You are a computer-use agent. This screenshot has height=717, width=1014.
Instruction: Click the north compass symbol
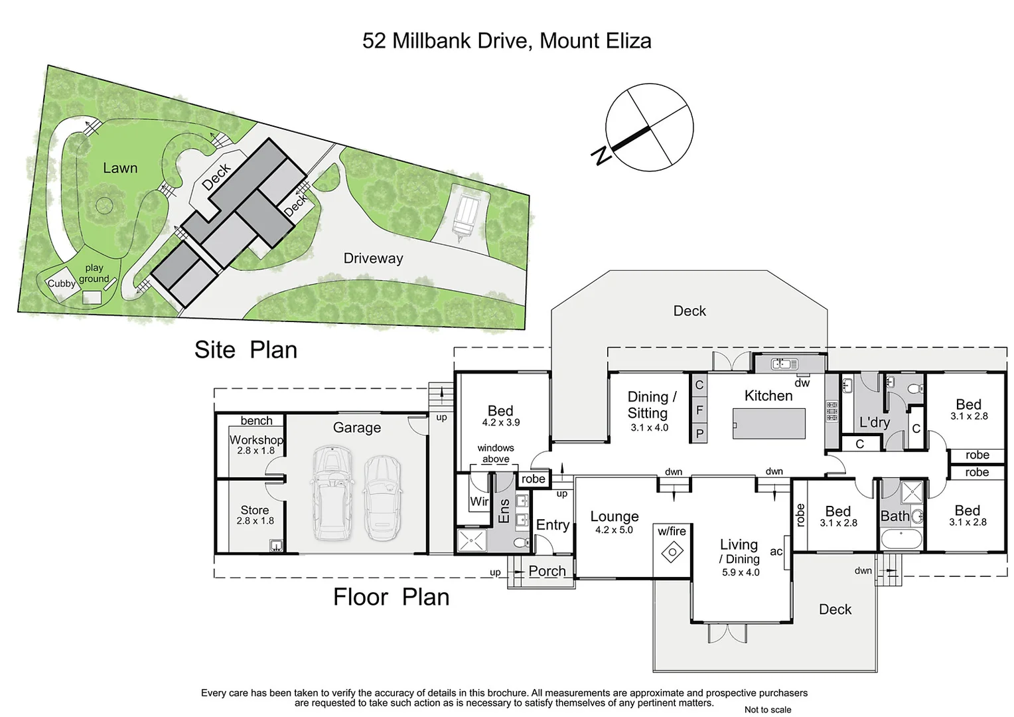pos(649,127)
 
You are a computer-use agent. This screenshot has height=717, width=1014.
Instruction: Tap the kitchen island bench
pos(769,424)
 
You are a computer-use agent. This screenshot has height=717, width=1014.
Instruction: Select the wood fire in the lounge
pos(673,552)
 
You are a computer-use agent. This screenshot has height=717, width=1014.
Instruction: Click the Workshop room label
pos(256,439)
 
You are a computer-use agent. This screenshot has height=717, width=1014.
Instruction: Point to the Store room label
pos(255,510)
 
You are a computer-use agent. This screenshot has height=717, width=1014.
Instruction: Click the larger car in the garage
pos(331,493)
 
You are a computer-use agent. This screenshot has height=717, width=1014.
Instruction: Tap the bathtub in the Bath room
pos(901,538)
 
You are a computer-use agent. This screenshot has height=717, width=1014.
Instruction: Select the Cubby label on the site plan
pos(61,283)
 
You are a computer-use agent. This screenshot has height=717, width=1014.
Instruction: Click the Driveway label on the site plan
pos(373,258)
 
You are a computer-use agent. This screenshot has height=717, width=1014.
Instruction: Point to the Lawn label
pos(120,168)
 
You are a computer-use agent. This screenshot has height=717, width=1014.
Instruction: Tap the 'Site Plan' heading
pos(246,350)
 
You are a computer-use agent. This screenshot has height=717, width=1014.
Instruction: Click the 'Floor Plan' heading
pos(391,597)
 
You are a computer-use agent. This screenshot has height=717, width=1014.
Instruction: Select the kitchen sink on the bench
pos(784,364)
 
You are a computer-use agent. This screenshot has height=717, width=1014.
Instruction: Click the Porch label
pos(547,571)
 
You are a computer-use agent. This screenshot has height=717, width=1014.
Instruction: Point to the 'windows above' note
pos(496,453)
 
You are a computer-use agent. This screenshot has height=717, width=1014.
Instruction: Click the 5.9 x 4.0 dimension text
pos(741,572)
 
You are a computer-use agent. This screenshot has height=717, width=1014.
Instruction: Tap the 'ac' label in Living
pos(776,551)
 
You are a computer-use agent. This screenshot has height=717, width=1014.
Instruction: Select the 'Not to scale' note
pos(767,710)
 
